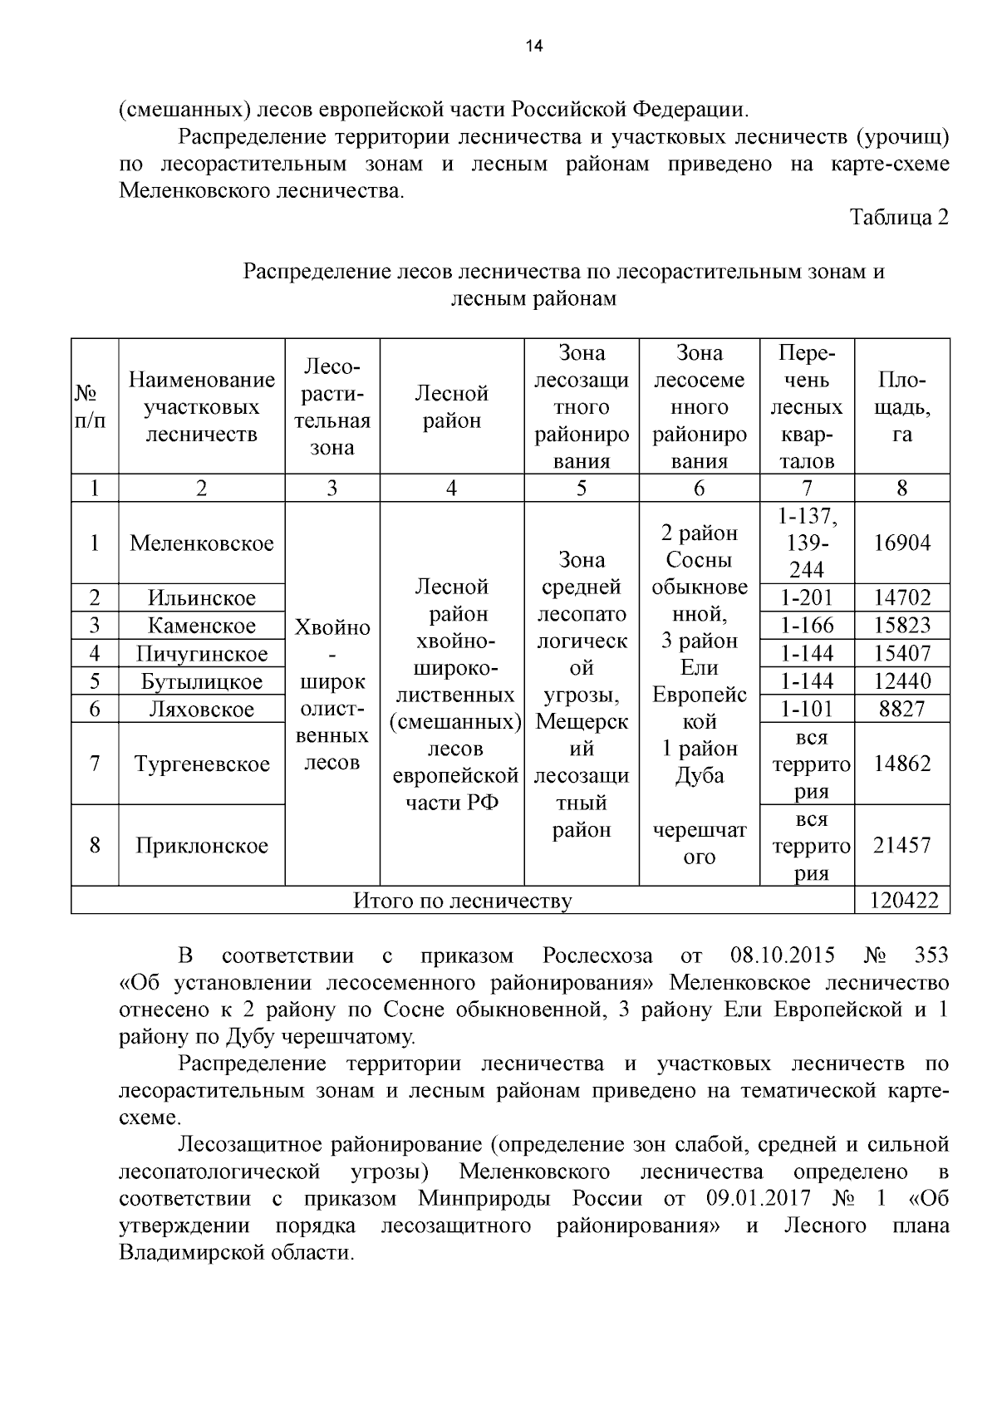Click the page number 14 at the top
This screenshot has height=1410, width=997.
coord(533,47)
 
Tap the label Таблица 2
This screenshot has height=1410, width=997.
coord(898,218)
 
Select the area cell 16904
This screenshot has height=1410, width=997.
coord(901,543)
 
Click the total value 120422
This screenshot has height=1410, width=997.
coord(901,900)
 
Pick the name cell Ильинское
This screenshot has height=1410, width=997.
coord(202,597)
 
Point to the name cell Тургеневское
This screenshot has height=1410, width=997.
coord(202,764)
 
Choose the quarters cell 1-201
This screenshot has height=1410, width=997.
coord(807,597)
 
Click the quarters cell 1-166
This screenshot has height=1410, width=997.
coord(807,626)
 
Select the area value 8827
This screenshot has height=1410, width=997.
coord(901,709)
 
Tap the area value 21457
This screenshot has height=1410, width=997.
coord(901,845)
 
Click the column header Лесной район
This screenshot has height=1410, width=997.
coord(451,407)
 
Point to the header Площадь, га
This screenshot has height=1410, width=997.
coord(901,407)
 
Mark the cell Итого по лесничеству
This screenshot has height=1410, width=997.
coord(463,900)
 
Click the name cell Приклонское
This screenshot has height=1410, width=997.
coord(202,845)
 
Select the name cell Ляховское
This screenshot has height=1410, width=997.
coord(202,709)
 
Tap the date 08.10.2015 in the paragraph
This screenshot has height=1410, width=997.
coord(783,956)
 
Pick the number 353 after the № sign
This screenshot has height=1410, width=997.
coord(930,956)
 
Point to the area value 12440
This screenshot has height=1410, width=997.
coord(901,681)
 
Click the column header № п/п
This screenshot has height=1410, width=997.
coord(94,407)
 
